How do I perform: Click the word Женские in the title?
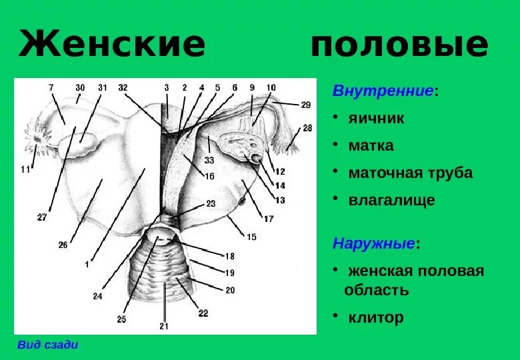click(x=112, y=44)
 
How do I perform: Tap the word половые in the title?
click(x=399, y=44)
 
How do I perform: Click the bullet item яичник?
click(x=376, y=119)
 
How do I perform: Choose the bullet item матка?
click(x=371, y=145)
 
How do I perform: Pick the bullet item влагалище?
click(x=391, y=200)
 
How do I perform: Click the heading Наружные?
click(x=373, y=243)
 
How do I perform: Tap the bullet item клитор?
click(x=375, y=317)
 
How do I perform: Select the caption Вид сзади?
click(x=47, y=345)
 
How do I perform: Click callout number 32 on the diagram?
click(x=123, y=88)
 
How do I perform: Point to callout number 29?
click(x=305, y=105)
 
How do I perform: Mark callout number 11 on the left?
click(x=25, y=169)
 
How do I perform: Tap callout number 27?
click(x=42, y=217)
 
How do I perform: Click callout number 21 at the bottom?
click(x=164, y=326)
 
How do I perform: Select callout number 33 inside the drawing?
click(x=209, y=160)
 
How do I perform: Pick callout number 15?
click(x=251, y=236)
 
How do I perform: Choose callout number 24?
click(x=98, y=296)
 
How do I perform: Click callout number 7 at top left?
click(x=51, y=87)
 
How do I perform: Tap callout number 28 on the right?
click(x=307, y=127)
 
